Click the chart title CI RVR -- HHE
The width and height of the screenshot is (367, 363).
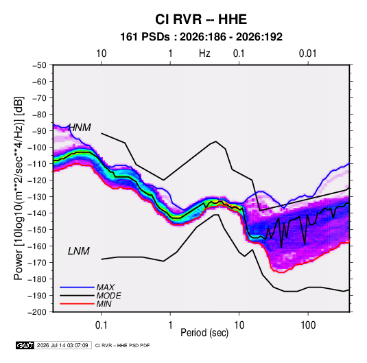(201, 19)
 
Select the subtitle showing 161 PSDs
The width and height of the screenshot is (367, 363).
(201, 37)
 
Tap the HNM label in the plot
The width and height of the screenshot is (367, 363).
(80, 128)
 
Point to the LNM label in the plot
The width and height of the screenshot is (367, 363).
(79, 251)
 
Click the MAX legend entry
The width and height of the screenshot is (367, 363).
(106, 288)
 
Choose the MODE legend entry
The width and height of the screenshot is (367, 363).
(108, 296)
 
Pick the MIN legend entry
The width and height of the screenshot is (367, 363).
(104, 304)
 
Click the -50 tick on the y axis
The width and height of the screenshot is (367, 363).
(39, 65)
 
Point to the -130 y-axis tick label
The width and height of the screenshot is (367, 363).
(37, 197)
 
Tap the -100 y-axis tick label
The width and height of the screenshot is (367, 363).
(37, 148)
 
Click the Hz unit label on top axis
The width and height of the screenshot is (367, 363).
(204, 54)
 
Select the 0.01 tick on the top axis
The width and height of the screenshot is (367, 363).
(308, 54)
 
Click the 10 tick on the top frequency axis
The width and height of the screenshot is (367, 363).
(102, 54)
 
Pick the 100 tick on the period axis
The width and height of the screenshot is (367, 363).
(308, 325)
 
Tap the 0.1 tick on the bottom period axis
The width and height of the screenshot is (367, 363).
(101, 325)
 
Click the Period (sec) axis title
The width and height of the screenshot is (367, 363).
(204, 333)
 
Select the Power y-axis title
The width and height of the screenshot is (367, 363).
(19, 189)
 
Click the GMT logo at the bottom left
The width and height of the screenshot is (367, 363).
(25, 345)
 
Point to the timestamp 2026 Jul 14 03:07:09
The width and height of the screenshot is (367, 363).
(62, 345)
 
